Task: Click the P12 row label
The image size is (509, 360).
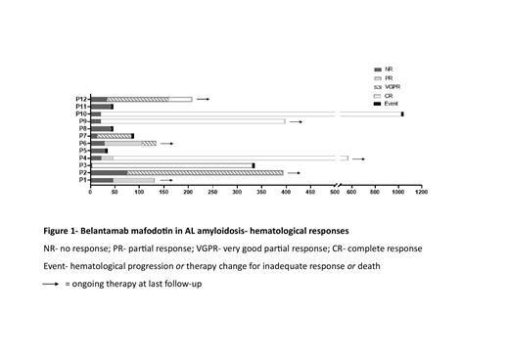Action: coord(82,100)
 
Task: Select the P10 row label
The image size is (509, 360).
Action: coord(82,114)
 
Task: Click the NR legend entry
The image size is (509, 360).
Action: coord(394,68)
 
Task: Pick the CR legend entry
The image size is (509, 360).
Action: coord(394,94)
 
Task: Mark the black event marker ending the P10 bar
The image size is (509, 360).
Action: coord(402,114)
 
